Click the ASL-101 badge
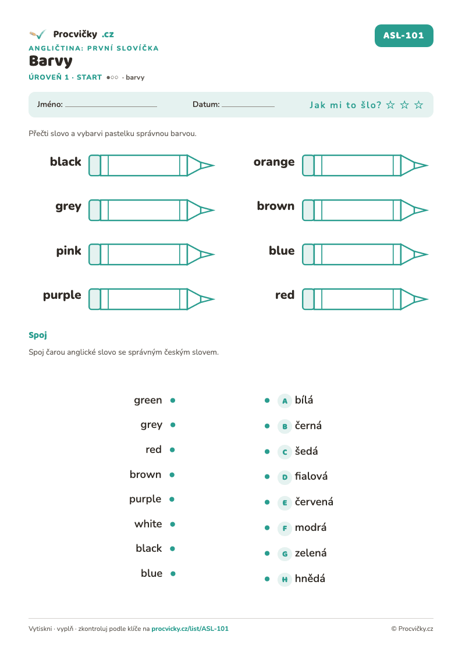[x=404, y=36]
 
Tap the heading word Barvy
[x=51, y=61]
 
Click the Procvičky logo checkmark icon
[x=37, y=34]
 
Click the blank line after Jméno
[x=111, y=106]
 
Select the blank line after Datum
[x=248, y=106]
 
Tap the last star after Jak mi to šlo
[x=419, y=105]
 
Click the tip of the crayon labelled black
[x=214, y=165]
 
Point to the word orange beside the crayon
[x=273, y=162]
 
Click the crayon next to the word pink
[x=152, y=255]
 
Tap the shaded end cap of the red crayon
[x=308, y=299]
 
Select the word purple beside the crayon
[x=62, y=296]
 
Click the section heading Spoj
[x=38, y=336]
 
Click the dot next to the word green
[x=173, y=401]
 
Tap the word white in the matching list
[x=148, y=524]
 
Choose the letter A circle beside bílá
[x=285, y=401]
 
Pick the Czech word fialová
[x=311, y=476]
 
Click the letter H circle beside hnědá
[x=285, y=579]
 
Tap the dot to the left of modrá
[x=267, y=528]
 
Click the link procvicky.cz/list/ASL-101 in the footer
[x=190, y=629]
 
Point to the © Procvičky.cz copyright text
[x=412, y=629]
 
